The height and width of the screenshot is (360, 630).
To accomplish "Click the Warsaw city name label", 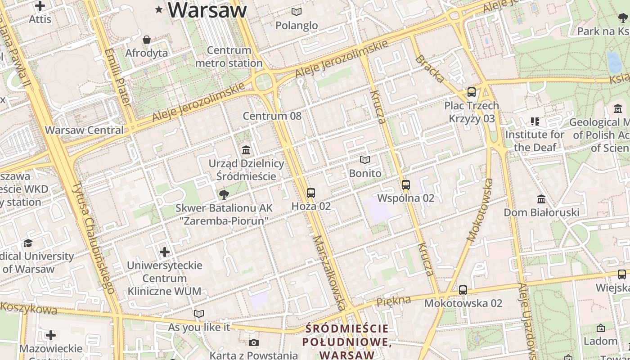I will tap(207, 10).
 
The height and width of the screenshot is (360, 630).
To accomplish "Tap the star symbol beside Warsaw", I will tap(158, 9).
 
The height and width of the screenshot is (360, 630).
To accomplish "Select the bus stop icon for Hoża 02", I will tap(310, 193).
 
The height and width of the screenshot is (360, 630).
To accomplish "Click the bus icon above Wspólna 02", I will tap(405, 184).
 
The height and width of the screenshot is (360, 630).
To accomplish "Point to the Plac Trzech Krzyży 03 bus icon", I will tap(471, 92).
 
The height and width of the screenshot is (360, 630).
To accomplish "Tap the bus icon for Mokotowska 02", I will tap(463, 290).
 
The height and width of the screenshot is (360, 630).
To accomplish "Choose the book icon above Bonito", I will tap(364, 160).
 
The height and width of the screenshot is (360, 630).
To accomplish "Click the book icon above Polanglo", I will tap(297, 12).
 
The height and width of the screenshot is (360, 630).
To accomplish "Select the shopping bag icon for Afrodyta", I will tap(146, 40).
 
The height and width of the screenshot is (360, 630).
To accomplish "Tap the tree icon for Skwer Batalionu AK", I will tap(224, 194).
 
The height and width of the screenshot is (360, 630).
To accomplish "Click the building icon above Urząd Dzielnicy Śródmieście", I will tap(246, 150).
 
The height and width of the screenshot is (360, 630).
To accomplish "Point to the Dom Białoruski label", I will tap(541, 212).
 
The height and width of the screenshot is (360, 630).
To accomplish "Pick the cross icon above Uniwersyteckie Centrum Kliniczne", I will tap(165, 252).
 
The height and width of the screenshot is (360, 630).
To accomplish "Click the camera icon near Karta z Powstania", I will tap(254, 343).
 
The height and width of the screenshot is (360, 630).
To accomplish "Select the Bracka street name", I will tap(429, 69).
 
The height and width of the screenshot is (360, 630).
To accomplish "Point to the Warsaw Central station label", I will tap(84, 130).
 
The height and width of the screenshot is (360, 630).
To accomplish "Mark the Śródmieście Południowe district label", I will tap(346, 342).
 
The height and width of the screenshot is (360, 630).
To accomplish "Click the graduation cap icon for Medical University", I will tap(28, 243).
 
